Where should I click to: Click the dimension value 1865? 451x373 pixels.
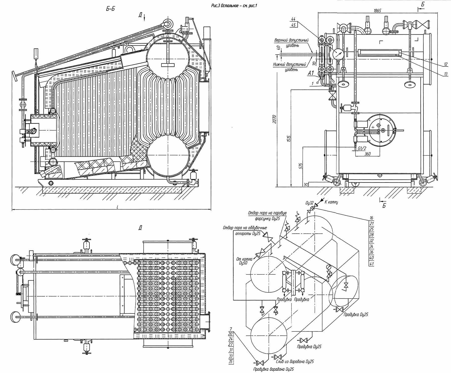(377, 11)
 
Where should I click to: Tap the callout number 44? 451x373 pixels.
(294, 19)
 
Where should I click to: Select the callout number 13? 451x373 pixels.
(445, 74)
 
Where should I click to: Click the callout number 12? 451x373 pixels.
(445, 64)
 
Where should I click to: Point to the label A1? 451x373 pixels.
(311, 73)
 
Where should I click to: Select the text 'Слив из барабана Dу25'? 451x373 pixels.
(295, 361)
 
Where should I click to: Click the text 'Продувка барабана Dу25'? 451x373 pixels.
(273, 369)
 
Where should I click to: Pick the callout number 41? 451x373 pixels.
(372, 264)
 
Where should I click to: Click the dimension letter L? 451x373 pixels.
(117, 207)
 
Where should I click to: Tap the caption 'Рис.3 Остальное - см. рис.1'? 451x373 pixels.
(231, 4)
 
